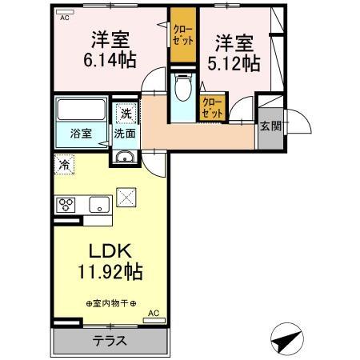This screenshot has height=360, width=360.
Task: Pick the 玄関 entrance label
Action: [x=270, y=126]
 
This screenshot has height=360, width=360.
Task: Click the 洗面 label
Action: [x=124, y=134]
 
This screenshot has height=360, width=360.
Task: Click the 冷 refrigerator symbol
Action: [x=63, y=166]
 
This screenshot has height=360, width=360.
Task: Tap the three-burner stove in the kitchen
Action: [x=66, y=203]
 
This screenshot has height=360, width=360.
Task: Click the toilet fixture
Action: [x=182, y=88]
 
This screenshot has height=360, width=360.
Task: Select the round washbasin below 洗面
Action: [x=124, y=156]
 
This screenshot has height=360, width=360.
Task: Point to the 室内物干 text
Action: [x=112, y=303]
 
